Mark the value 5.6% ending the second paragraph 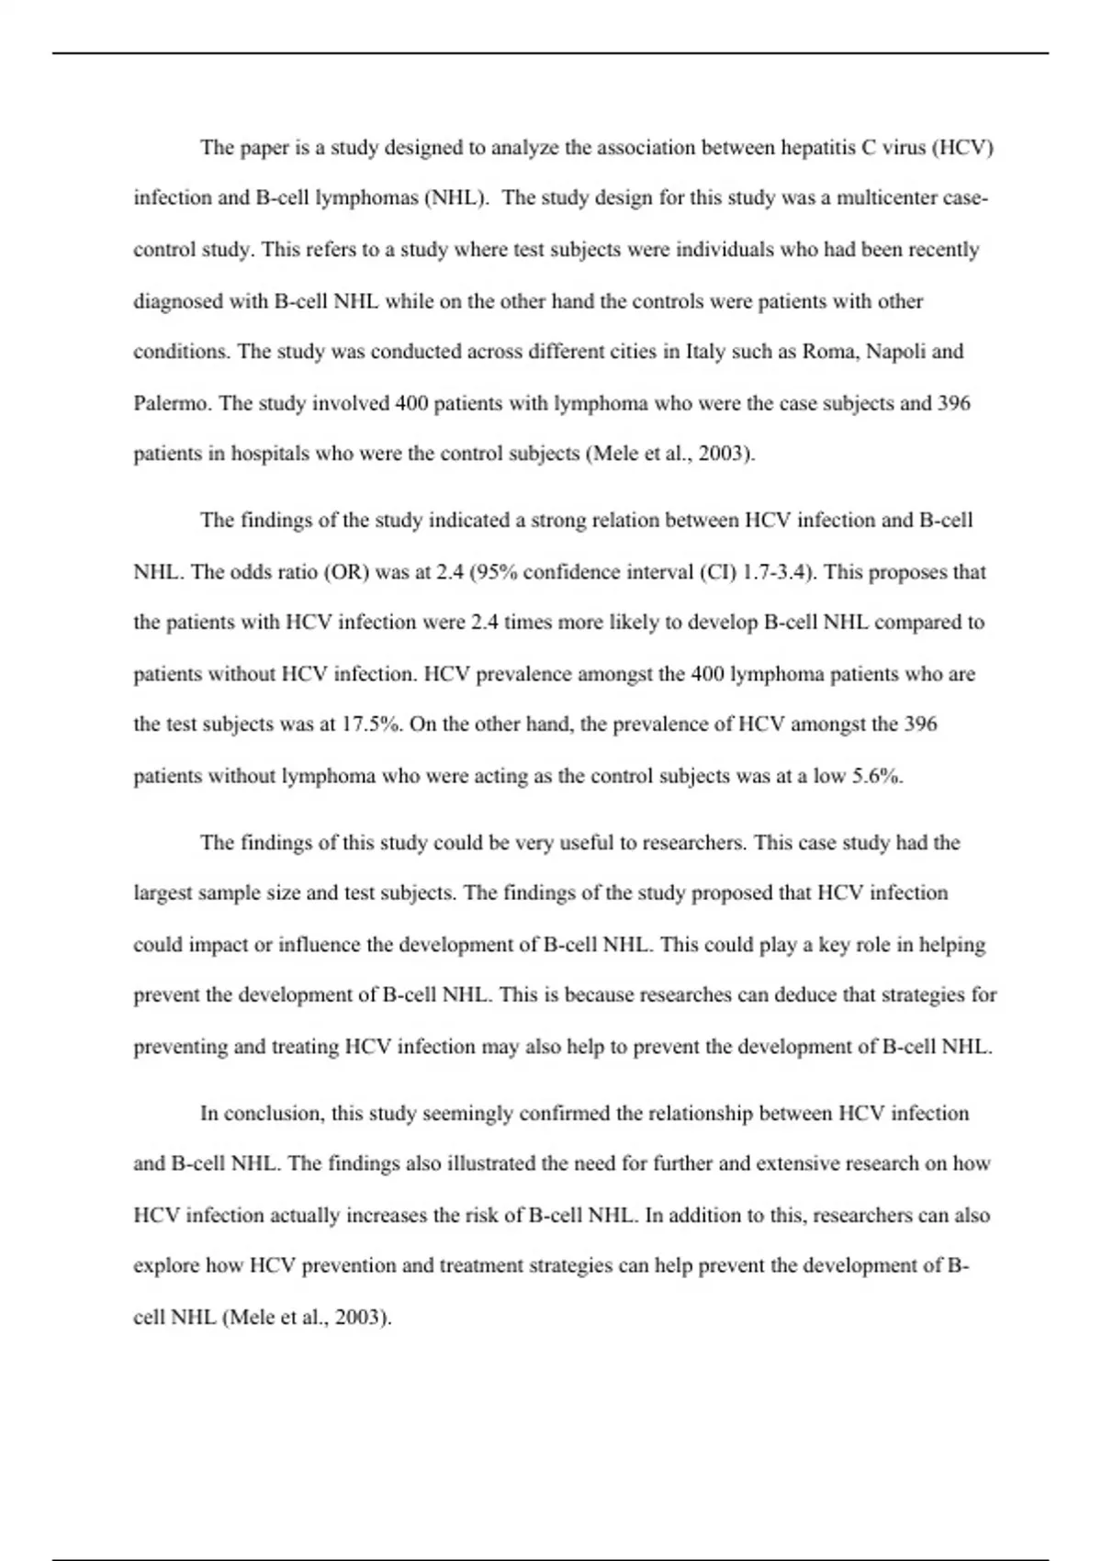877,776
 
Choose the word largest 163,893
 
